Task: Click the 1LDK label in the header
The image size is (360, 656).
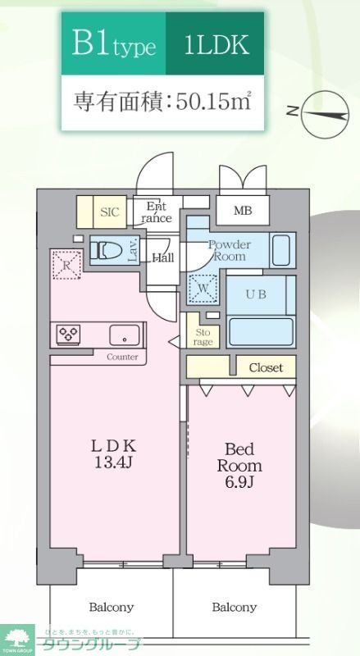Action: click(217, 44)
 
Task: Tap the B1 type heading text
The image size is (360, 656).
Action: click(113, 44)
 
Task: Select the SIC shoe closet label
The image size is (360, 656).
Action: click(109, 212)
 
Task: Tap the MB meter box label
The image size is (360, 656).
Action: click(242, 211)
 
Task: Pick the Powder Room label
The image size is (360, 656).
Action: click(229, 250)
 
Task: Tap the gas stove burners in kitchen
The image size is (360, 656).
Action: click(68, 333)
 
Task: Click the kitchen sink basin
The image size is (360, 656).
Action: click(125, 335)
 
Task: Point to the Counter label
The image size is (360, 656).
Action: click(121, 357)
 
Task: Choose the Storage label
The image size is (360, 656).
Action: click(202, 337)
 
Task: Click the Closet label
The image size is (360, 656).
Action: click(265, 367)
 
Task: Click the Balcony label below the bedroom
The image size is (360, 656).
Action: click(234, 608)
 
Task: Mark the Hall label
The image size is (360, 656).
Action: click(162, 257)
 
